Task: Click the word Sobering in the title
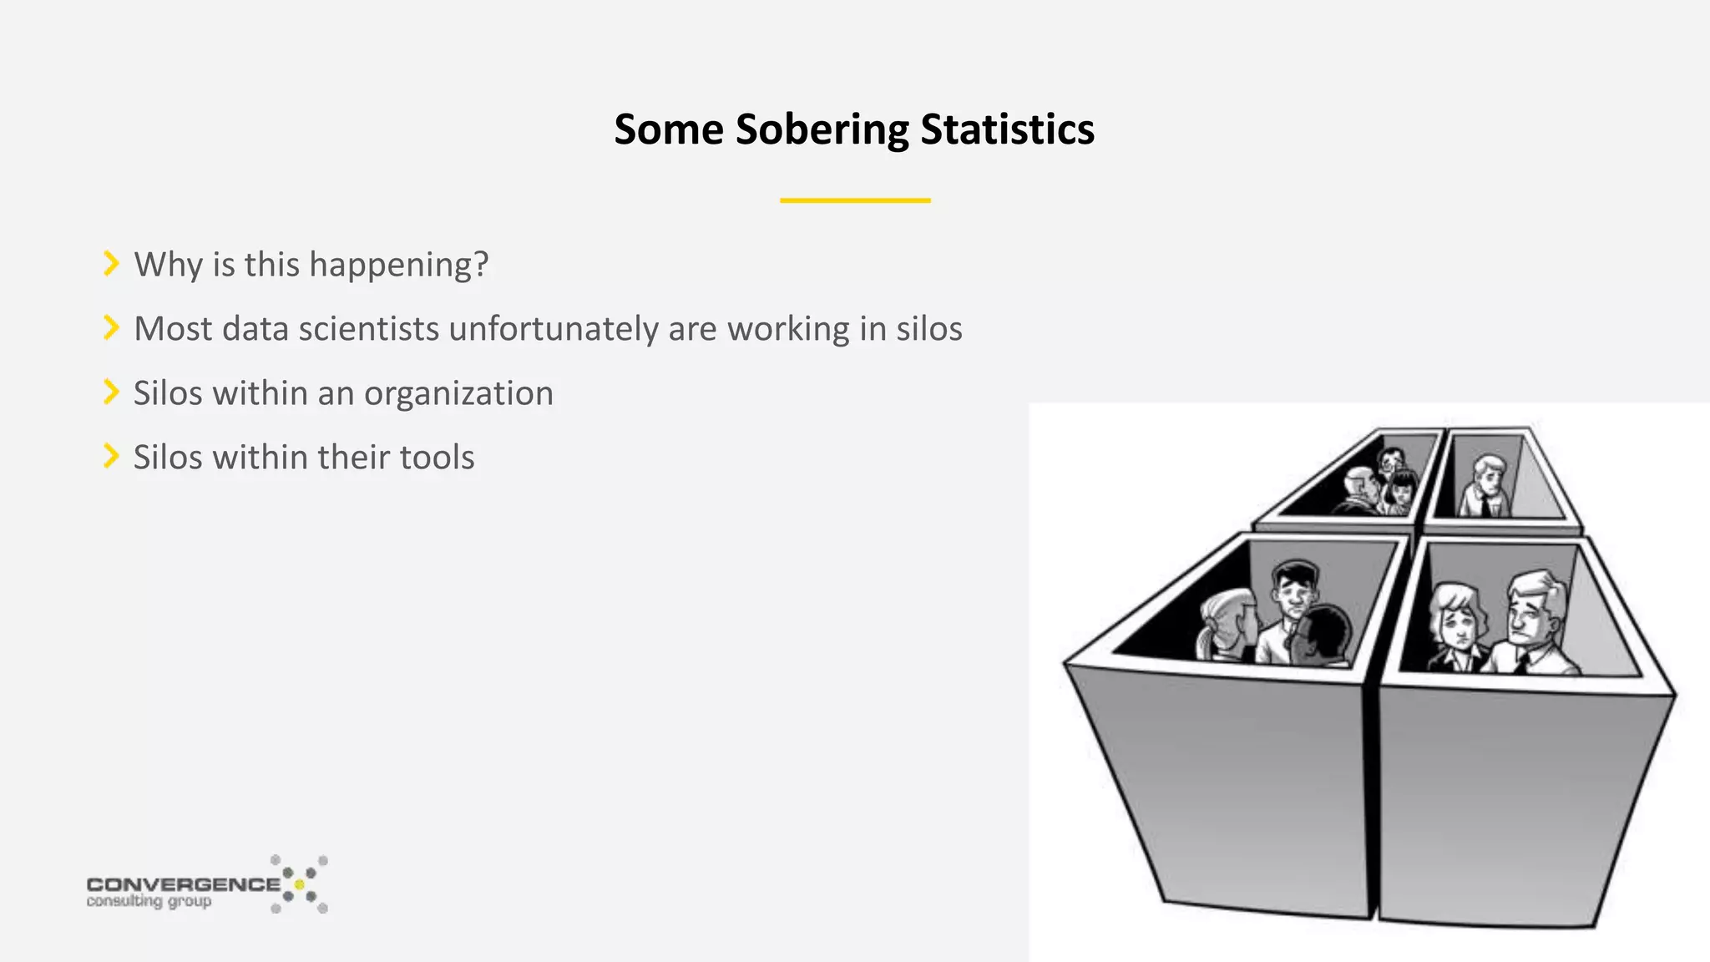(x=822, y=130)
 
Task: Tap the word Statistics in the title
(x=1007, y=130)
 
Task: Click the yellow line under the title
(x=855, y=200)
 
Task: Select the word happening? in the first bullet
(x=398, y=265)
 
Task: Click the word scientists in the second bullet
(x=368, y=329)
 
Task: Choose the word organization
(x=458, y=393)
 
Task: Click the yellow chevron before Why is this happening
(x=111, y=264)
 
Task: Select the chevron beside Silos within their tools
(x=111, y=457)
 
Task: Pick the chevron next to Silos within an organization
(x=111, y=392)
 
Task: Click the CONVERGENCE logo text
(x=184, y=884)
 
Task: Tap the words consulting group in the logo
(x=149, y=902)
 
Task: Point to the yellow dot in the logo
(x=299, y=884)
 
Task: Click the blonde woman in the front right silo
(x=1458, y=626)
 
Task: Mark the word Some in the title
(x=668, y=130)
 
